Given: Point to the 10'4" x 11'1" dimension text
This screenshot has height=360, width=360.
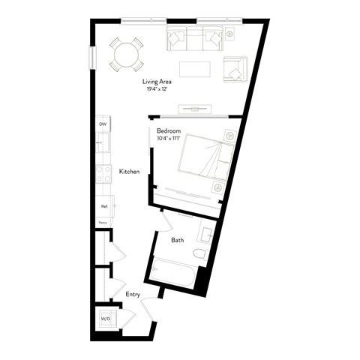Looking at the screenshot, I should pos(169,138).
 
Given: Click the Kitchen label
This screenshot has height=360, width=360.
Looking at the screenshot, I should pos(129,172).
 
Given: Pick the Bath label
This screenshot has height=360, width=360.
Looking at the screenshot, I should pos(177,241).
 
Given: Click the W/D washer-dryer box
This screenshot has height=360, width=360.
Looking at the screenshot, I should pos(106,319).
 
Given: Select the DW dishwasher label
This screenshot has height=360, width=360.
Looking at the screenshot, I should pos(102,125).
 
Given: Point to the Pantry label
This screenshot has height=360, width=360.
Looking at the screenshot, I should pos(103,223).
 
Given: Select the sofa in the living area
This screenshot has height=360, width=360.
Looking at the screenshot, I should pos(194,38).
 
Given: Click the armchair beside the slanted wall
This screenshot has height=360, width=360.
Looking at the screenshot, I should pos(234,68).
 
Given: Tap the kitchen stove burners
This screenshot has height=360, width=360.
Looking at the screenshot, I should pos(102,175).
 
